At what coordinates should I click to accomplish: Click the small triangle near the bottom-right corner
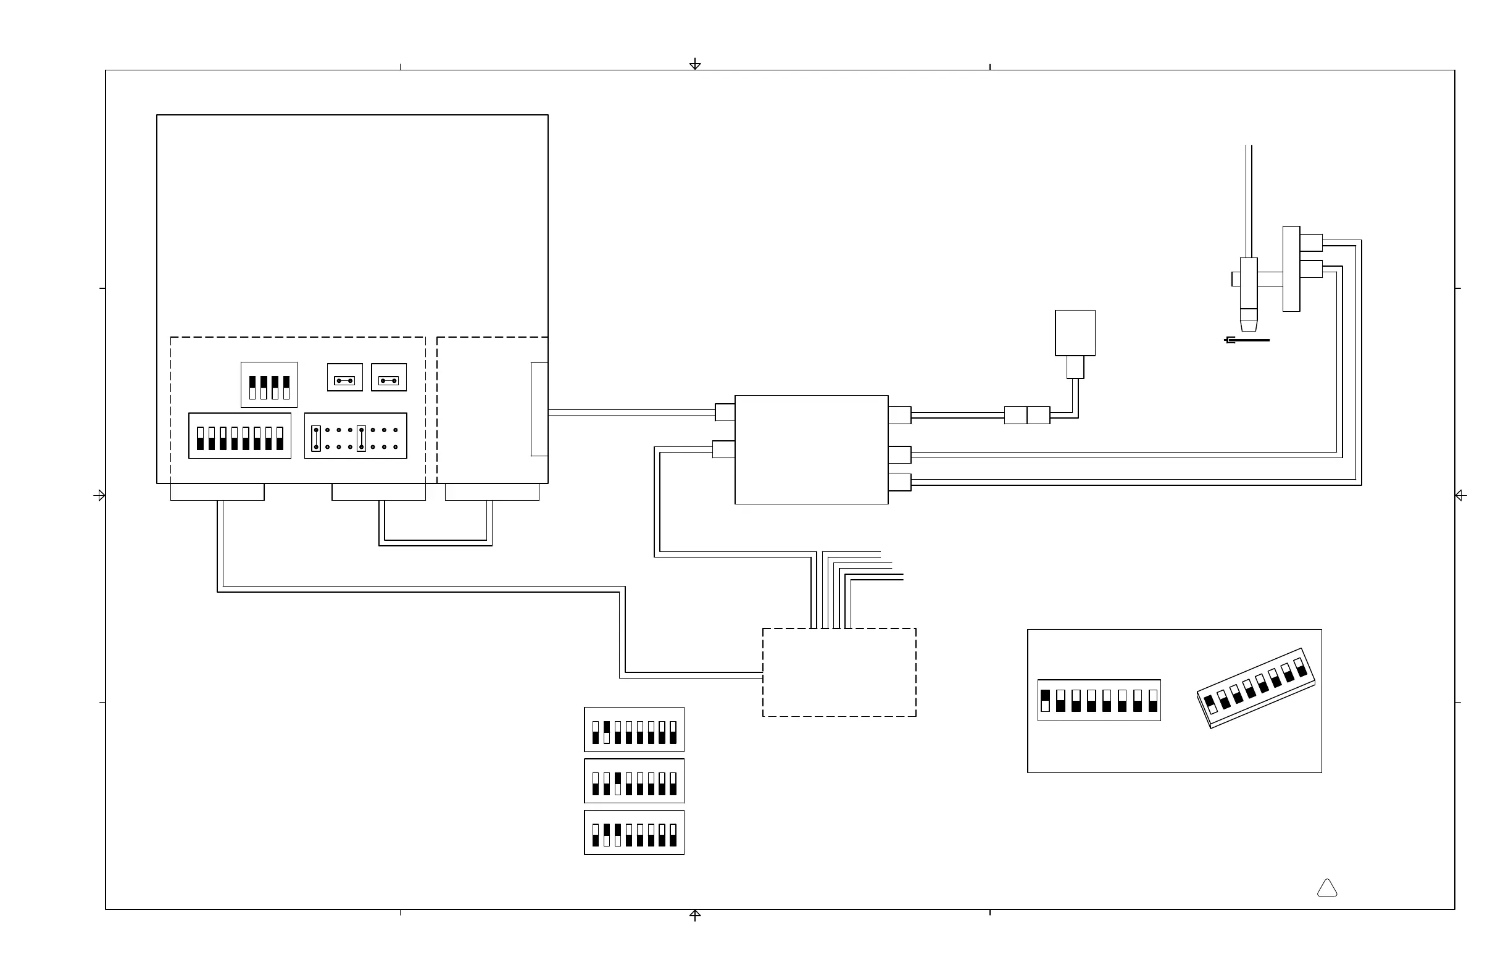click(x=1327, y=888)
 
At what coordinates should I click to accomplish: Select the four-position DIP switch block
click(x=268, y=385)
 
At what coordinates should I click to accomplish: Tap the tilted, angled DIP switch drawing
click(x=1256, y=688)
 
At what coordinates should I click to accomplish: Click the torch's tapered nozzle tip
click(x=1248, y=320)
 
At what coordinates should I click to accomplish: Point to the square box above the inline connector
click(x=1075, y=333)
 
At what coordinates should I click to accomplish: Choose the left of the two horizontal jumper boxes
click(x=345, y=377)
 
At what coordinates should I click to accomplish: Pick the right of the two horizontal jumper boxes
click(x=388, y=377)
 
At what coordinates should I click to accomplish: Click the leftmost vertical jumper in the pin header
click(x=316, y=438)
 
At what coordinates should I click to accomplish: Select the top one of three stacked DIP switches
click(x=634, y=730)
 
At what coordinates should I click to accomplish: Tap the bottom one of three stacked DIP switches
click(x=634, y=832)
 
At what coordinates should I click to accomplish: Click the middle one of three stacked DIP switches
click(x=634, y=781)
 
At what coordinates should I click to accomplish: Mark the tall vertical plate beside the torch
click(x=1291, y=269)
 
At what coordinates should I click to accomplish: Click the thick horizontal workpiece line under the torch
click(x=1248, y=340)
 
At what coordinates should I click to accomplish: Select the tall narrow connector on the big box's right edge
click(x=539, y=409)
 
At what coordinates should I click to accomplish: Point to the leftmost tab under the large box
click(x=217, y=492)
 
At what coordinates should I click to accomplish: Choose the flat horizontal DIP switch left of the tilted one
click(x=1099, y=701)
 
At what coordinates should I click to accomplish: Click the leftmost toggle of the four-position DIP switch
click(x=252, y=387)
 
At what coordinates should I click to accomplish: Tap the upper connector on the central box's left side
click(x=725, y=412)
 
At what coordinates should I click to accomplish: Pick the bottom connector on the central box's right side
click(x=899, y=483)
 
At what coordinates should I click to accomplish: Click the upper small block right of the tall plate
click(x=1311, y=243)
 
